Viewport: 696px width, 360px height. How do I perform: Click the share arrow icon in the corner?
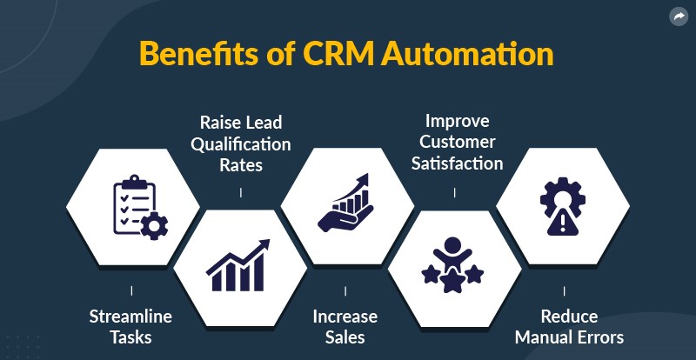(678, 17)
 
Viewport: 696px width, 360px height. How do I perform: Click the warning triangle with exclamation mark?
(563, 223)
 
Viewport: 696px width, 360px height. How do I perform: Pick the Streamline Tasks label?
(131, 325)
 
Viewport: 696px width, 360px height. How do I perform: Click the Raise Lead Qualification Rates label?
(241, 143)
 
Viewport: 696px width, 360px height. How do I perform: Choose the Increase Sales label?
(345, 325)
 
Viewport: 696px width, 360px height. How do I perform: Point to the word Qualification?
(241, 143)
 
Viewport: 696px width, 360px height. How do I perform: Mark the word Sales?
(345, 336)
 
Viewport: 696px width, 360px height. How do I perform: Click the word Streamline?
(131, 316)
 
